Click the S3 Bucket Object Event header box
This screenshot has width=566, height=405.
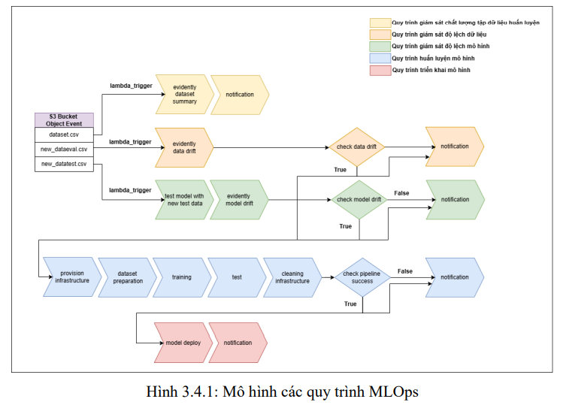coord(64,120)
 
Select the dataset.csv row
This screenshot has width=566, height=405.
coord(64,134)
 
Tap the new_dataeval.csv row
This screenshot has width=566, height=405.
coord(64,149)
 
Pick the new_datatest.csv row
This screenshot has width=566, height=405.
coord(64,163)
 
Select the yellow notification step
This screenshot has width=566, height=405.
coord(239,95)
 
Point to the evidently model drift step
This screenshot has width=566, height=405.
coord(239,200)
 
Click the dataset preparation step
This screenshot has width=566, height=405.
coord(127,277)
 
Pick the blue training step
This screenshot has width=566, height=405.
coord(181,277)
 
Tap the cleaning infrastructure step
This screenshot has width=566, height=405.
coord(292,277)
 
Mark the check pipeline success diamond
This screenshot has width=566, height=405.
coord(362,277)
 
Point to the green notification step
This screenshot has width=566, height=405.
coord(455,200)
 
